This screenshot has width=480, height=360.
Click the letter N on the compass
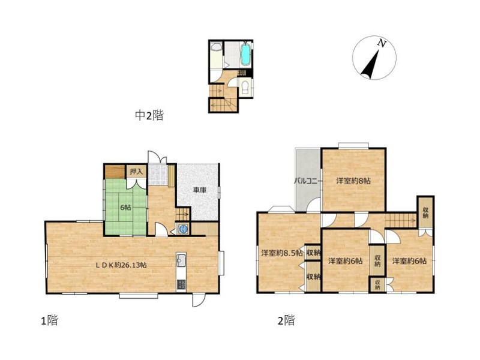[x=381, y=43]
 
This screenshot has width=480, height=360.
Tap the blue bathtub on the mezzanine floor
[x=245, y=54]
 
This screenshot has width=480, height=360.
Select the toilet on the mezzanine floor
[x=245, y=87]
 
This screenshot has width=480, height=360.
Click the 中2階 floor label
[x=149, y=115]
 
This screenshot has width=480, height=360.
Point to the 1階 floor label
[x=50, y=320]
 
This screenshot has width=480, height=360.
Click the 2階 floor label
[x=287, y=320]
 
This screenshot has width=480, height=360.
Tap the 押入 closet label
[x=136, y=172]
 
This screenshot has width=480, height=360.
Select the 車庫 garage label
[x=200, y=190]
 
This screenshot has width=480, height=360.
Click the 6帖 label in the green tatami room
[x=125, y=207]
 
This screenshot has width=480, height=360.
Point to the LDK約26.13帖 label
[x=121, y=265]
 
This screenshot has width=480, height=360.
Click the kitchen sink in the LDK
[x=181, y=260]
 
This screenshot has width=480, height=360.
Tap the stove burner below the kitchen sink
[x=181, y=285]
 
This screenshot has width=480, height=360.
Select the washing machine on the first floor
[x=183, y=229]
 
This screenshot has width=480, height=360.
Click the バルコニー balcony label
[x=308, y=181]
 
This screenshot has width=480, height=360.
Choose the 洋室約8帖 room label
[x=353, y=181]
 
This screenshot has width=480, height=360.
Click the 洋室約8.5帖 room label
[x=282, y=253]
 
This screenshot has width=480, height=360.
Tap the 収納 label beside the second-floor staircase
[x=425, y=212]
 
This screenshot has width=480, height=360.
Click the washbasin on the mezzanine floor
[x=217, y=47]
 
